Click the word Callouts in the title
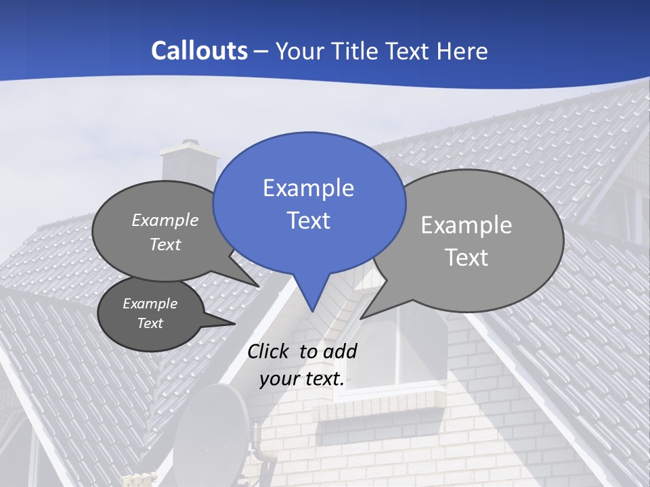tap(199, 51)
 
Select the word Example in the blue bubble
tap(308, 188)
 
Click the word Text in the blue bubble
tap(308, 221)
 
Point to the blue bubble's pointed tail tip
tap(312, 310)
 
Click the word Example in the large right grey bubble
tap(466, 225)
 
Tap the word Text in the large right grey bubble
tap(466, 258)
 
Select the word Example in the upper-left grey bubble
tap(165, 220)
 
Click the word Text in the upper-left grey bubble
tap(165, 244)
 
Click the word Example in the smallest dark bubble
tap(150, 304)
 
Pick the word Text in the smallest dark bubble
tap(150, 323)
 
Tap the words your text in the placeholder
tap(301, 379)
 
